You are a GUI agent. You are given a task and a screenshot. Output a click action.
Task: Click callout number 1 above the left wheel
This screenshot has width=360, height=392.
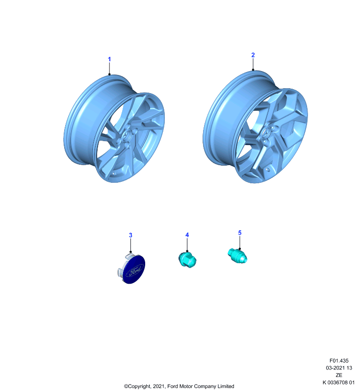109,59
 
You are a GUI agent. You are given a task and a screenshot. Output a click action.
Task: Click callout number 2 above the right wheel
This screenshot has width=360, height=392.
253,55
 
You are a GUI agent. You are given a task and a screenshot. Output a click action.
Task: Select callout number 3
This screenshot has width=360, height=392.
130,235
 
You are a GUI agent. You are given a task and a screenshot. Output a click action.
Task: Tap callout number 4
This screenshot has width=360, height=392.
187,235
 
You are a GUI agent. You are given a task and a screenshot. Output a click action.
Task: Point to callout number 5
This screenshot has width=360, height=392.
240,233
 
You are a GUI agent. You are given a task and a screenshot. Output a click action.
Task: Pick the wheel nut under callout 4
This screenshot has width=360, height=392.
187,260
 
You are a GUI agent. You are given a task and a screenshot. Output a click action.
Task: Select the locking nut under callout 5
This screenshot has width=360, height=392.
238,256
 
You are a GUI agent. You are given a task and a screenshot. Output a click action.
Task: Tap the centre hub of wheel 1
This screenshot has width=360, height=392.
127,136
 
